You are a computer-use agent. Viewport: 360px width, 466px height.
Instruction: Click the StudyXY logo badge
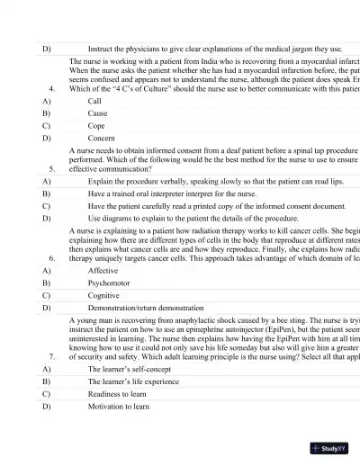click(328, 447)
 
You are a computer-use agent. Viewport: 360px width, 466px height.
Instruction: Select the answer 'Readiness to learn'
click(118, 394)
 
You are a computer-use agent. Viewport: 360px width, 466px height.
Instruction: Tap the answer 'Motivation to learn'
click(119, 407)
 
